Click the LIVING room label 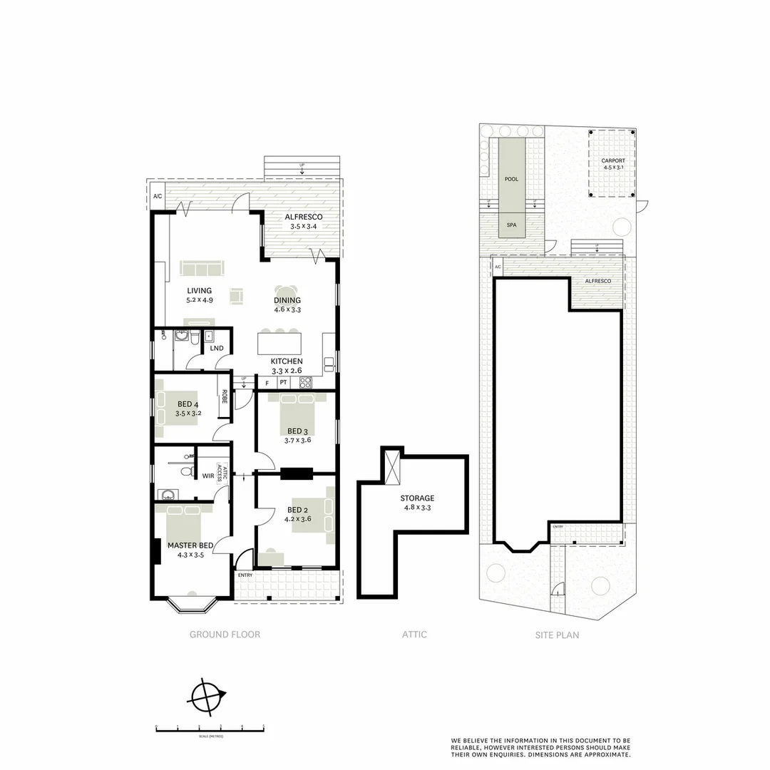tap(200, 291)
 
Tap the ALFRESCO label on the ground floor tap(304, 217)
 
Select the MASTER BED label tap(186, 545)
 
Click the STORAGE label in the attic tap(417, 498)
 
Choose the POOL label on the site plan tap(511, 179)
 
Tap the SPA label tap(511, 225)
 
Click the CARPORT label tap(612, 161)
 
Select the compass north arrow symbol tap(207, 696)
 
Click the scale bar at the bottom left tap(210, 729)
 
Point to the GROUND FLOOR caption tap(225, 635)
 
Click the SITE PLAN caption tap(557, 635)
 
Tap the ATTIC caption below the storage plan tap(414, 635)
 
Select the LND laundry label tap(217, 348)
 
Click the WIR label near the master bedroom tap(208, 476)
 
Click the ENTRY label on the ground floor tap(245, 575)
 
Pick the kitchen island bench tap(279, 344)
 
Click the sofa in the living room tap(202, 268)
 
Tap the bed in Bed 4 tap(178, 409)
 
